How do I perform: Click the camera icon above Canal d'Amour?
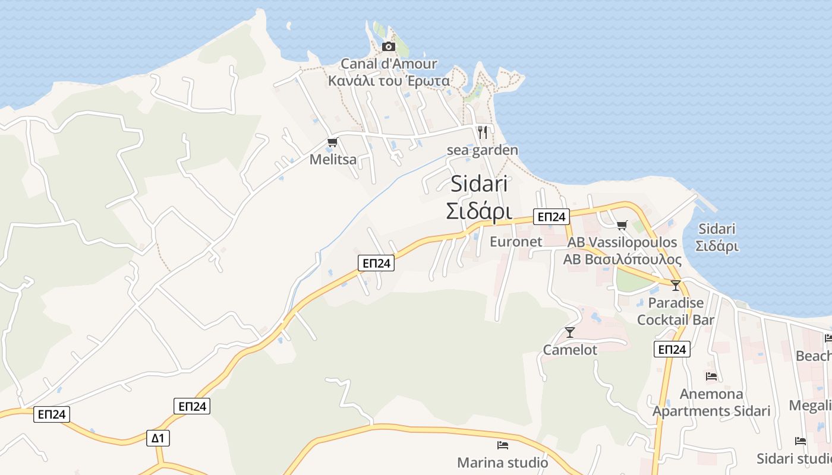point(389,46)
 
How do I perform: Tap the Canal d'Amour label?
point(389,64)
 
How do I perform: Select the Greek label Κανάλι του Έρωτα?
point(389,81)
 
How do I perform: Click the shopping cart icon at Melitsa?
point(332,142)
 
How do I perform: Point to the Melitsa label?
point(333,159)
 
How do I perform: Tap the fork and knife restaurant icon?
point(483,132)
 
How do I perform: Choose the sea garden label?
point(482,150)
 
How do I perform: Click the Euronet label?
point(516,242)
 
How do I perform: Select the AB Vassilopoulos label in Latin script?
point(622,242)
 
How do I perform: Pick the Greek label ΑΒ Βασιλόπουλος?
point(622,259)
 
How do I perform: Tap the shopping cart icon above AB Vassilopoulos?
point(622,225)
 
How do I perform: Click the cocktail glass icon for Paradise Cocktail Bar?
point(675,286)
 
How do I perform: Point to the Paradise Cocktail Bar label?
point(676,311)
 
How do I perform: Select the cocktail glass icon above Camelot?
point(570,332)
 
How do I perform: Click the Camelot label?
point(570,350)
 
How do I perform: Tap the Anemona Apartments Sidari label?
point(711,403)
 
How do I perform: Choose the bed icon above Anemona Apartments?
point(711,376)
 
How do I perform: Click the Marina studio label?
point(502,462)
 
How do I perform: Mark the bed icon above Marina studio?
point(503,445)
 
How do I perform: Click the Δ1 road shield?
point(157,438)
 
